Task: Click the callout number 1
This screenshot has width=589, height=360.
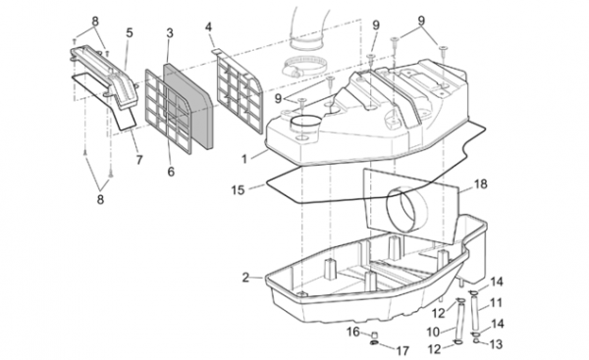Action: click(244, 159)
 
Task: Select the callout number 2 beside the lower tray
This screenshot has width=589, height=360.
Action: click(245, 278)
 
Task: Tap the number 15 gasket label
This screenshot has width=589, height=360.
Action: click(238, 190)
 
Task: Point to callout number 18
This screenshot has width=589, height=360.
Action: click(480, 184)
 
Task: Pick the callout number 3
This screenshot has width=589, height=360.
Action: click(170, 33)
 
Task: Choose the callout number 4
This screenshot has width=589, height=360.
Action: click(208, 27)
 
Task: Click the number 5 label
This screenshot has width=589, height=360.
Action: click(130, 32)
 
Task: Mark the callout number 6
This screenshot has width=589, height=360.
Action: click(171, 172)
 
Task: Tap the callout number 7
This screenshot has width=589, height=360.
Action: click(139, 160)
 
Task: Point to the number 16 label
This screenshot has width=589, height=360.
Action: click(353, 332)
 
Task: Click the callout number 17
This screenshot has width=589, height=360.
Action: click(402, 350)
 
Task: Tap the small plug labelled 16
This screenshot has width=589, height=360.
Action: click(374, 334)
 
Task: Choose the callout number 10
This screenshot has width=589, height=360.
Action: click(433, 333)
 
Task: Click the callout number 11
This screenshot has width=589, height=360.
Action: click(496, 302)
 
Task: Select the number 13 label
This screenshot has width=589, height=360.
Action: click(496, 344)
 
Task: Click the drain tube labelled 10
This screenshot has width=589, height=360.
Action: click(459, 320)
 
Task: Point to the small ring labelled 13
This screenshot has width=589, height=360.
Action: click(476, 340)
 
